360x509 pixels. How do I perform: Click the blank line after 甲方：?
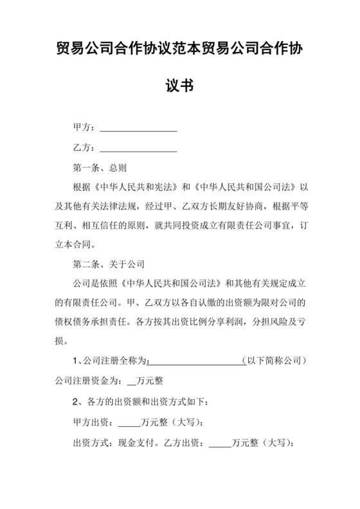(x=138, y=129)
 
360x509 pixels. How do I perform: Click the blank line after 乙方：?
(x=138, y=148)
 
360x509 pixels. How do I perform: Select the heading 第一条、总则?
(x=100, y=168)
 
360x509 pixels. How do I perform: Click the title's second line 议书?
(x=180, y=85)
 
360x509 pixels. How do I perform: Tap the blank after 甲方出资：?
(x=129, y=423)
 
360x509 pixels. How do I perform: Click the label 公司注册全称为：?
(x=114, y=361)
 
